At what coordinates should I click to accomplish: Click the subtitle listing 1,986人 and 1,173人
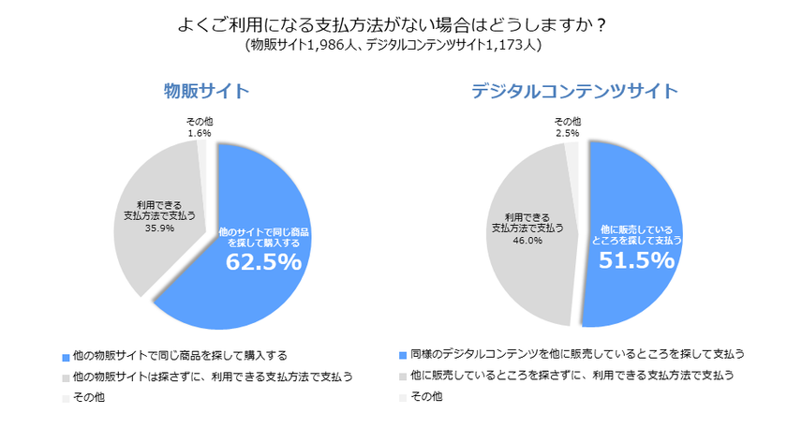pos(393,44)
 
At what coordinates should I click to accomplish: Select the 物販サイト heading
pos(206,91)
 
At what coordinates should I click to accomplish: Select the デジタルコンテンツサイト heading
pos(574,91)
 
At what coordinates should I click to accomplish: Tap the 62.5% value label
pos(263,262)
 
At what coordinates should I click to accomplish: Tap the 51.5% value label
pos(637,260)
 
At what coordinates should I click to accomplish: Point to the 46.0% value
pos(527,240)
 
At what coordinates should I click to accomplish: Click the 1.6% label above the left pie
pos(198,133)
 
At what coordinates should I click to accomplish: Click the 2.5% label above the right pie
pos(568,133)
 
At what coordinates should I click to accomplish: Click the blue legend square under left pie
pos(66,357)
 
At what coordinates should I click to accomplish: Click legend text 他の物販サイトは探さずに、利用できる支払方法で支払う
pos(212,377)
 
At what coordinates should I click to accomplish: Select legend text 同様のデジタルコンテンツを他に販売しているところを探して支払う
pos(576,354)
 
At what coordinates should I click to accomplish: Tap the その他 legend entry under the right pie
pos(425,397)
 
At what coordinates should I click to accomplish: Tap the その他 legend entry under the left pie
pos(88,398)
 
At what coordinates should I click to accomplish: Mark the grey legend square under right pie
pos(402,376)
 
